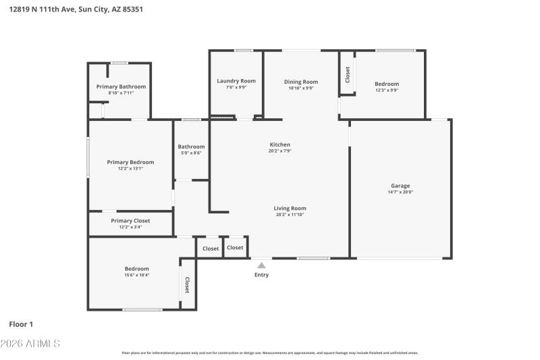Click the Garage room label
[400, 186]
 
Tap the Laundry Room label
[236, 81]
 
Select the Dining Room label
[300, 82]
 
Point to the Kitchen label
[280, 145]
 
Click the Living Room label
[290, 208]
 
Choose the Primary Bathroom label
[121, 86]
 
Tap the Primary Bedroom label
[130, 162]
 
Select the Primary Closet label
[130, 221]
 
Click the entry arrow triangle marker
[261, 265]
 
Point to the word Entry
[261, 275]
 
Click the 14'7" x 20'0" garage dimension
[400, 192]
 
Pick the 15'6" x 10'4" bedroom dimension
[136, 275]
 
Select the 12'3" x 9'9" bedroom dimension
[387, 90]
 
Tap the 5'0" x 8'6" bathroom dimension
[191, 153]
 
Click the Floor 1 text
[21, 324]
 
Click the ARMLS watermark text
[30, 344]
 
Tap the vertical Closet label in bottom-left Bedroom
[187, 285]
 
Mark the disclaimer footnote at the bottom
[269, 353]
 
